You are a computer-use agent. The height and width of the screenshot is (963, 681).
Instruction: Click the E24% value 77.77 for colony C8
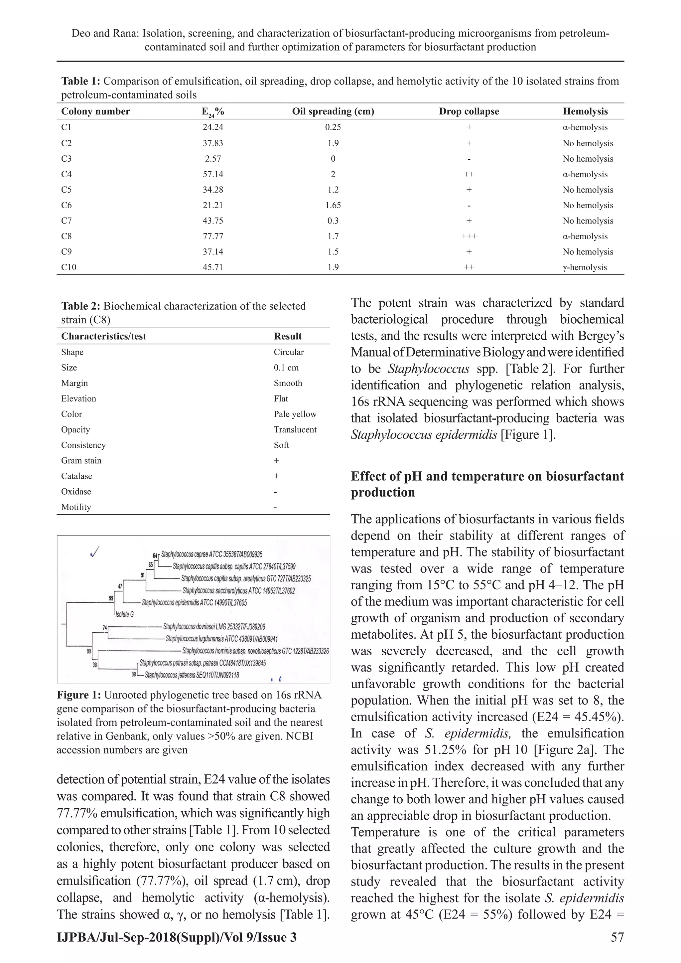212,236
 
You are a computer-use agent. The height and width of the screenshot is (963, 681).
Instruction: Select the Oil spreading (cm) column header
333,111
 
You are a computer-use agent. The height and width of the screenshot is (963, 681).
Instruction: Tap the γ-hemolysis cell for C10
585,267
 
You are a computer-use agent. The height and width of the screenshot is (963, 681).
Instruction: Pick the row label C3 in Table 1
66,159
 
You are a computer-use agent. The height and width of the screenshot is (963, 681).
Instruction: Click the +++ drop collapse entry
469,236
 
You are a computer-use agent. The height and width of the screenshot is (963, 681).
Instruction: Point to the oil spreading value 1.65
333,205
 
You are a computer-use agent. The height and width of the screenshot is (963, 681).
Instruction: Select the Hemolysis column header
585,111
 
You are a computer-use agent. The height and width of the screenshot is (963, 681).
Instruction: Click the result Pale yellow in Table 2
295,414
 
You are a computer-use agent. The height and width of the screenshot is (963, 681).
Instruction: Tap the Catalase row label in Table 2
76,476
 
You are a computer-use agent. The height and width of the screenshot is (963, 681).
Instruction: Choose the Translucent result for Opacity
295,429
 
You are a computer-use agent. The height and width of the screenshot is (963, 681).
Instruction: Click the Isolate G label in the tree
125,614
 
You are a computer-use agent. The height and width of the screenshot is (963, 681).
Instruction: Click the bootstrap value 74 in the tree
105,627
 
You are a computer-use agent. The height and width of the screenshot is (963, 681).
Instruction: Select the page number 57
617,949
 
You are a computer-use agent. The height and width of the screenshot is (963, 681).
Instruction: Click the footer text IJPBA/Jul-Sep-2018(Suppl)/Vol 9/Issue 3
177,949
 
